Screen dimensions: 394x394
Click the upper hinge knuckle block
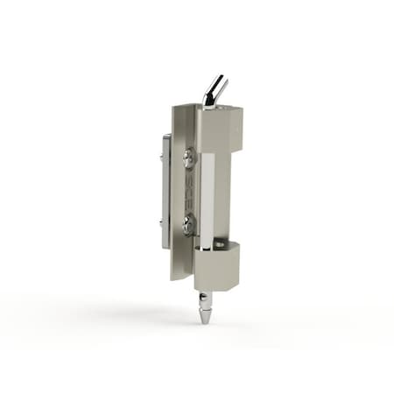tap(222, 127)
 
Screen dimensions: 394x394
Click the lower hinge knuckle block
tap(216, 267)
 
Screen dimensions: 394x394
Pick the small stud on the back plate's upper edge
tap(163, 158)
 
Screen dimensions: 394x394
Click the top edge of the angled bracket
tap(185, 106)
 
